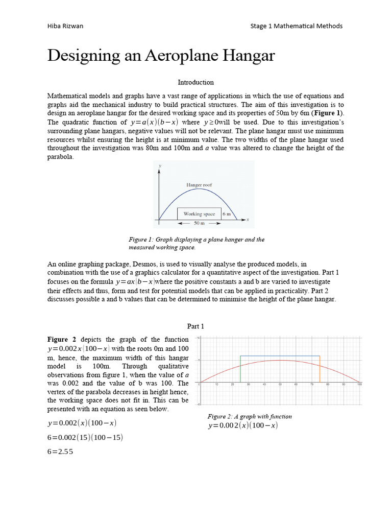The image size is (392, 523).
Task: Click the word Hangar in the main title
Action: pos(246,56)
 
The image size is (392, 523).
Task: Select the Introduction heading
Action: pos(195,82)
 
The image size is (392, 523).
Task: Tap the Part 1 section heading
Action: pos(195,326)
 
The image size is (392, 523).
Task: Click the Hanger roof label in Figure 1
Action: pos(199,184)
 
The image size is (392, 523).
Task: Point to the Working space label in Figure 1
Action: pos(199,214)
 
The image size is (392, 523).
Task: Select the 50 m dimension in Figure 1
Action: pos(200,223)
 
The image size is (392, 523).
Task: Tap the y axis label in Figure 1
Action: pos(160,166)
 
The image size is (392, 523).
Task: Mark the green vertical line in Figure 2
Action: pos(240,369)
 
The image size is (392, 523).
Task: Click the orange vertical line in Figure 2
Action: pos(320,369)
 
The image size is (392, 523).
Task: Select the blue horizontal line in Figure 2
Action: pos(280,356)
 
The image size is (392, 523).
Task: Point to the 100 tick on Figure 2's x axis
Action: pos(359,385)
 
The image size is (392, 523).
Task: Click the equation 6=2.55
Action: pos(60,451)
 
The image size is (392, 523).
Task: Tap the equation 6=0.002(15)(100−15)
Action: pos(85,438)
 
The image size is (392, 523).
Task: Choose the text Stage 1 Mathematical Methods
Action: pos(297,26)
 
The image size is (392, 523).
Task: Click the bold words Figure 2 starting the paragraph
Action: pos(62,340)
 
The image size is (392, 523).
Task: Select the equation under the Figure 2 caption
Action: pos(242,425)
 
